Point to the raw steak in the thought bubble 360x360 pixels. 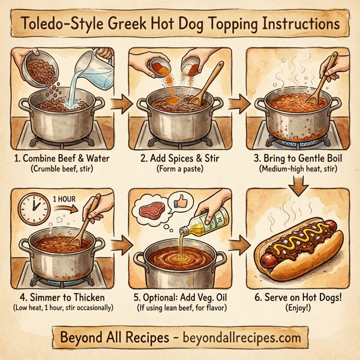(x=152, y=210)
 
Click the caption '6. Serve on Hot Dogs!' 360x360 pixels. (x=298, y=296)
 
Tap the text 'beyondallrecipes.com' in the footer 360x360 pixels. (x=233, y=337)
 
